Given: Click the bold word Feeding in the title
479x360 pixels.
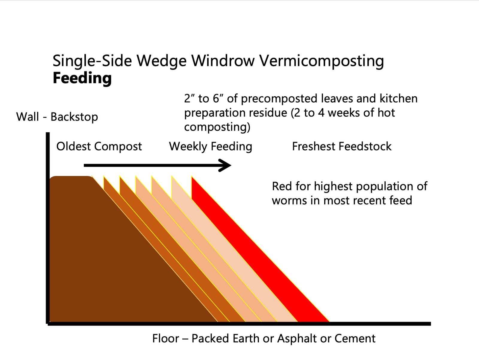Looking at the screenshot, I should coord(82,78).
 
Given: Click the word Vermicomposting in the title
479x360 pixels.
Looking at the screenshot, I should coord(321,61).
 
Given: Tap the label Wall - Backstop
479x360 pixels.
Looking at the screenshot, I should coord(57,117).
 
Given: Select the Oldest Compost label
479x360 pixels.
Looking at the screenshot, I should coord(99,146).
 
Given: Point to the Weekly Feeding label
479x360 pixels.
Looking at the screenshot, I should coord(210,146).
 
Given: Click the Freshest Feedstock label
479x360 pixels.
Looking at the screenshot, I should coord(342,146).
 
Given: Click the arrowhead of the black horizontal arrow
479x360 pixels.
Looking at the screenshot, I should coord(226,165).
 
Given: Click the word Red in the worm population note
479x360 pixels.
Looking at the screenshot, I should coord(281,186).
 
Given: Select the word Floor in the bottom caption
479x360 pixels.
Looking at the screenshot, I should coord(165,338).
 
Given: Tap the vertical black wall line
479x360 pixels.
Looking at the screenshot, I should coord(47,227).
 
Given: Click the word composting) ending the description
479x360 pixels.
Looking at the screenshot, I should coord(217,127).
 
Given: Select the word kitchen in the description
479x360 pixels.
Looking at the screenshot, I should coord(398,98).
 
